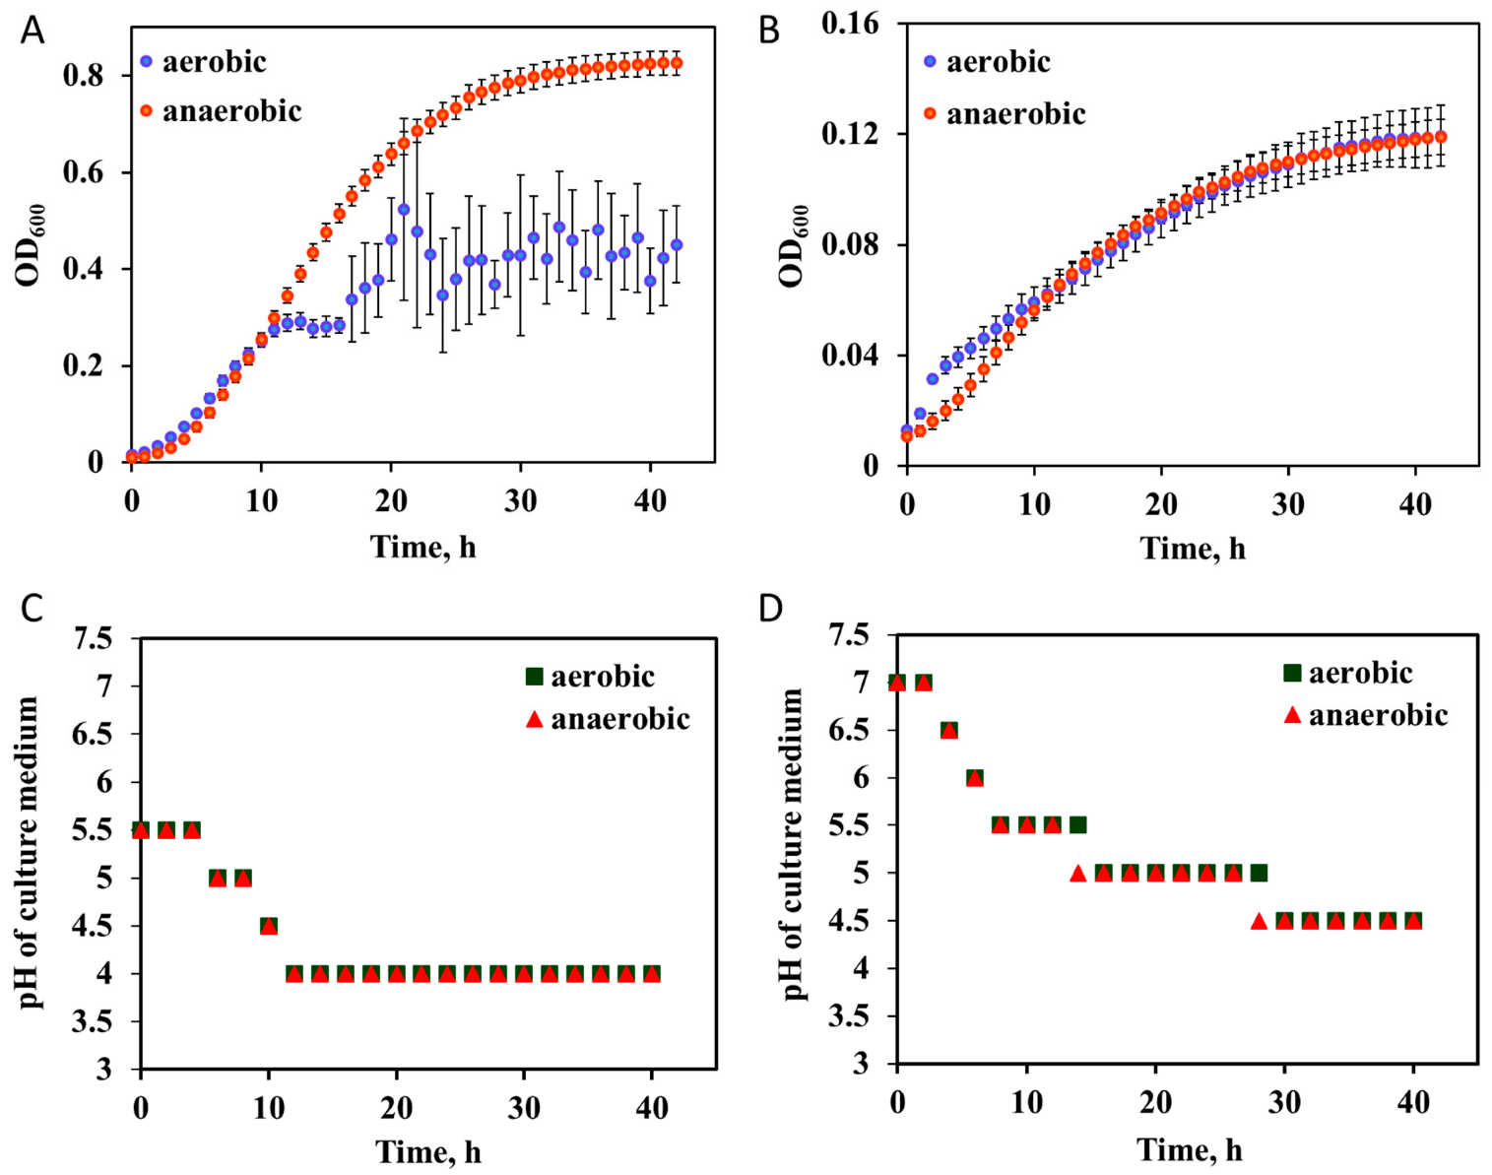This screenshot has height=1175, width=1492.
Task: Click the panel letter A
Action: point(32,32)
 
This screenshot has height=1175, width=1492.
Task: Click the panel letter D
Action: point(770,608)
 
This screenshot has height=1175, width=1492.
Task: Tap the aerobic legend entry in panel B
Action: point(987,62)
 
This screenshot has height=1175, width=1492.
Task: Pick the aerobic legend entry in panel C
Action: point(590,677)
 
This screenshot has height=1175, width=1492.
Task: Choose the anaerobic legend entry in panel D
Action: point(1365,715)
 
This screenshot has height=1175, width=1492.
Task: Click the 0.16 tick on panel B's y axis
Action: point(850,23)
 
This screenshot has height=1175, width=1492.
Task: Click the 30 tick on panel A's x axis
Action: point(520,501)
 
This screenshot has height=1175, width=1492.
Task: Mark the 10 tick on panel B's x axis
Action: point(1034,504)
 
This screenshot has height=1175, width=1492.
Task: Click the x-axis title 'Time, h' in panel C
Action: point(428,1150)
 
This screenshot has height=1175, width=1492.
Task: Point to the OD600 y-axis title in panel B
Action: point(793,246)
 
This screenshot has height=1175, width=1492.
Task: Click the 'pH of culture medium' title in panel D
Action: point(794,845)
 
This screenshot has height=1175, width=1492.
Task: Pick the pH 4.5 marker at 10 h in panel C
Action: point(269,926)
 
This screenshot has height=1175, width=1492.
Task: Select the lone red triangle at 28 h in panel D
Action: point(1259,921)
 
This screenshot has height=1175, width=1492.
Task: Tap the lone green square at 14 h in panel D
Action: point(1078,825)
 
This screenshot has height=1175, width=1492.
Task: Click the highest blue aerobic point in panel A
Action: point(404,210)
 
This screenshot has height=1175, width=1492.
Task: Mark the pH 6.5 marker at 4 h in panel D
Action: point(948,730)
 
